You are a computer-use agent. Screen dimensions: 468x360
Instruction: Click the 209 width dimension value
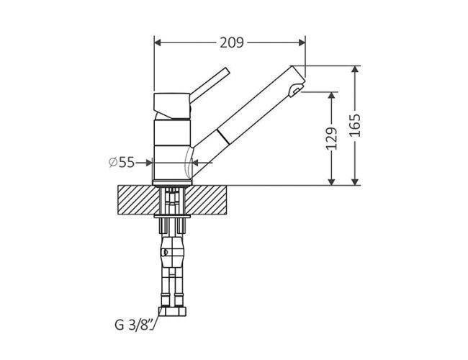(x=232, y=42)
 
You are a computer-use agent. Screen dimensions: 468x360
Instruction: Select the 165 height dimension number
(x=355, y=125)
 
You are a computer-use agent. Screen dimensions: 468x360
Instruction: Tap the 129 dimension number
(x=332, y=138)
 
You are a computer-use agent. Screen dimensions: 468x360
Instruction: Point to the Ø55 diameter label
(x=122, y=163)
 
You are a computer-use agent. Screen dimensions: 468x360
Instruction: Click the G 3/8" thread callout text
(x=135, y=325)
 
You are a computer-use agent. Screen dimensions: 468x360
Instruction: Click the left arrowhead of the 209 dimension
(x=158, y=42)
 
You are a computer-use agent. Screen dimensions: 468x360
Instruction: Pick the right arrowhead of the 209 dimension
(x=302, y=42)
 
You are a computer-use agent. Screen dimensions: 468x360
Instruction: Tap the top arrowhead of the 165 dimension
(x=355, y=69)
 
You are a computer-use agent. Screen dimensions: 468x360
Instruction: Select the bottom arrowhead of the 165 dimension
(x=355, y=181)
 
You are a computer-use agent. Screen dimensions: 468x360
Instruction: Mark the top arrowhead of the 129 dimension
(x=332, y=96)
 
